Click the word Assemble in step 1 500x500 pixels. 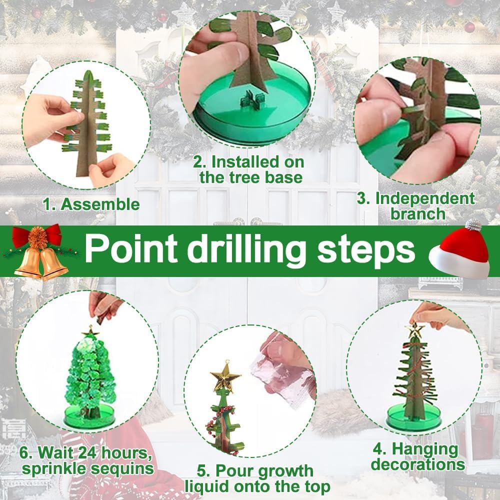tap(100, 204)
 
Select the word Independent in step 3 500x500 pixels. tap(425, 198)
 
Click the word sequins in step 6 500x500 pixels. tap(122, 469)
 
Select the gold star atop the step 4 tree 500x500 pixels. tap(414, 330)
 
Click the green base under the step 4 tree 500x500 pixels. tap(414, 417)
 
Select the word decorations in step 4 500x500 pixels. tap(418, 464)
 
